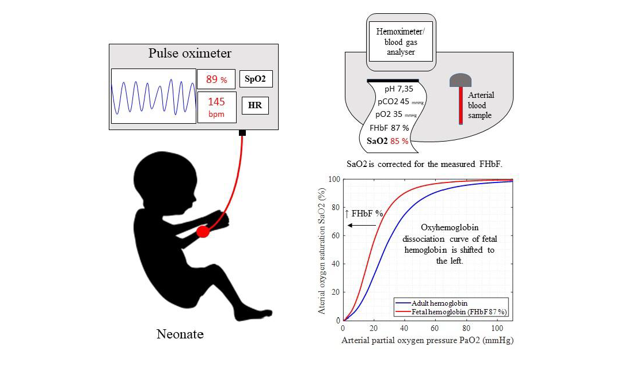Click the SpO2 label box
[x=256, y=79]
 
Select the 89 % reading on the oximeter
[x=216, y=79]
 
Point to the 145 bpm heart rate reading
[x=216, y=106]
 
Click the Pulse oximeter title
[x=190, y=54]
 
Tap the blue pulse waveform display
[x=154, y=96]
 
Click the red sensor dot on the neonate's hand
[x=203, y=231]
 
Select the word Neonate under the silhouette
[x=180, y=334]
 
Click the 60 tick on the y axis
[x=336, y=235]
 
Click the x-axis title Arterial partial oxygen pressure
[x=427, y=340]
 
